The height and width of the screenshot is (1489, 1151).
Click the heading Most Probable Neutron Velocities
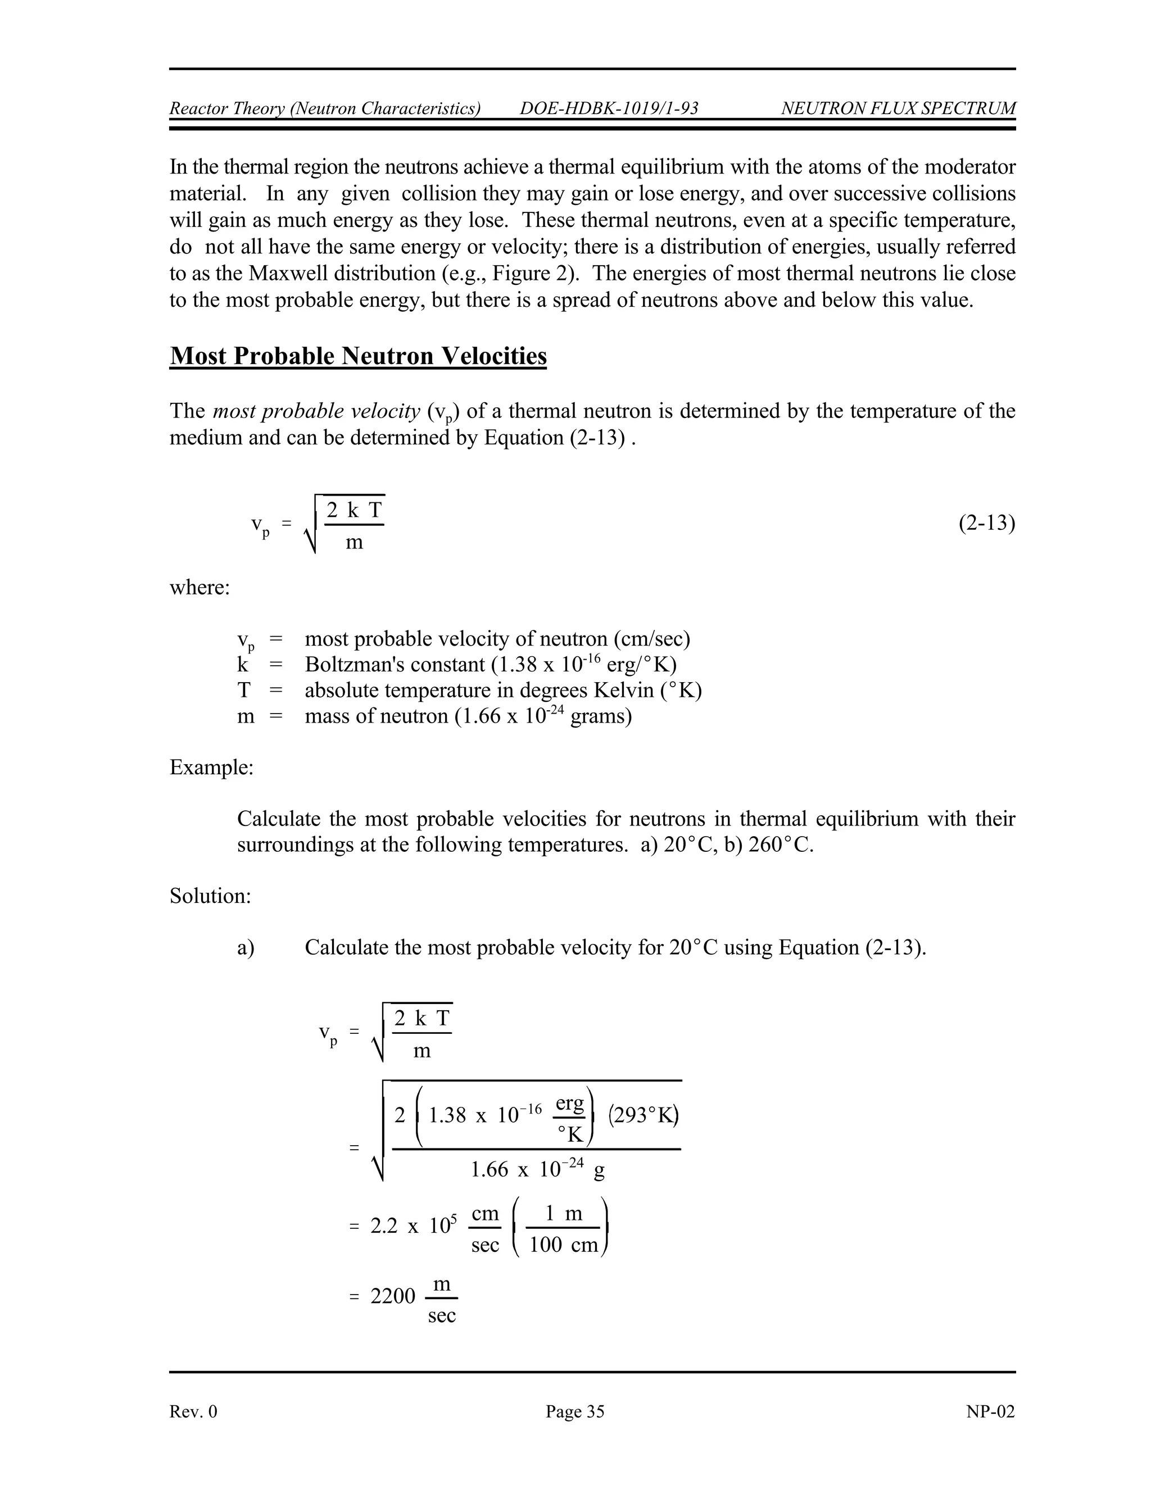(x=358, y=356)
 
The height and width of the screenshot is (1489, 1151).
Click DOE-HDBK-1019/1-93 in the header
(x=609, y=108)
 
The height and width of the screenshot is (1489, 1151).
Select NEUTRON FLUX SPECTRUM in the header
(x=898, y=108)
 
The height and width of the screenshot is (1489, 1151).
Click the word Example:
(x=211, y=767)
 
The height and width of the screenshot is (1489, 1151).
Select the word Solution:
(x=210, y=895)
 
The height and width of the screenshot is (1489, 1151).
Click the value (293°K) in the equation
(x=643, y=1115)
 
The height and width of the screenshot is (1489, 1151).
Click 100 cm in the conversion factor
(x=563, y=1245)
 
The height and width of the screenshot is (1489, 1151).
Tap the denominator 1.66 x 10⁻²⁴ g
(x=537, y=1170)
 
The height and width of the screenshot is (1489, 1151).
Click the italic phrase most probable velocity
(x=316, y=411)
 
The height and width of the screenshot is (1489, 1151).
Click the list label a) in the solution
(x=246, y=948)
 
